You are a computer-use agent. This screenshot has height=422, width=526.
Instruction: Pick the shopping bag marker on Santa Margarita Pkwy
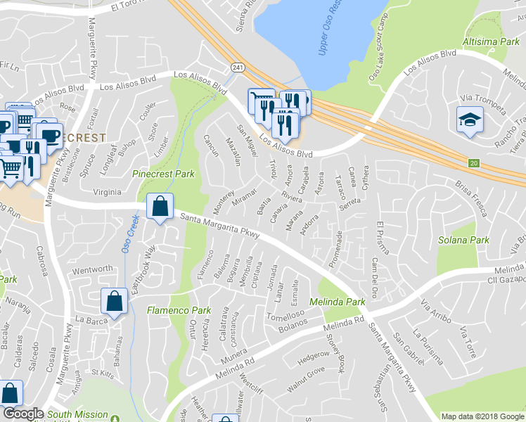(160, 207)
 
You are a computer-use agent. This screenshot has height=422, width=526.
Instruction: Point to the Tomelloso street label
(284, 315)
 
